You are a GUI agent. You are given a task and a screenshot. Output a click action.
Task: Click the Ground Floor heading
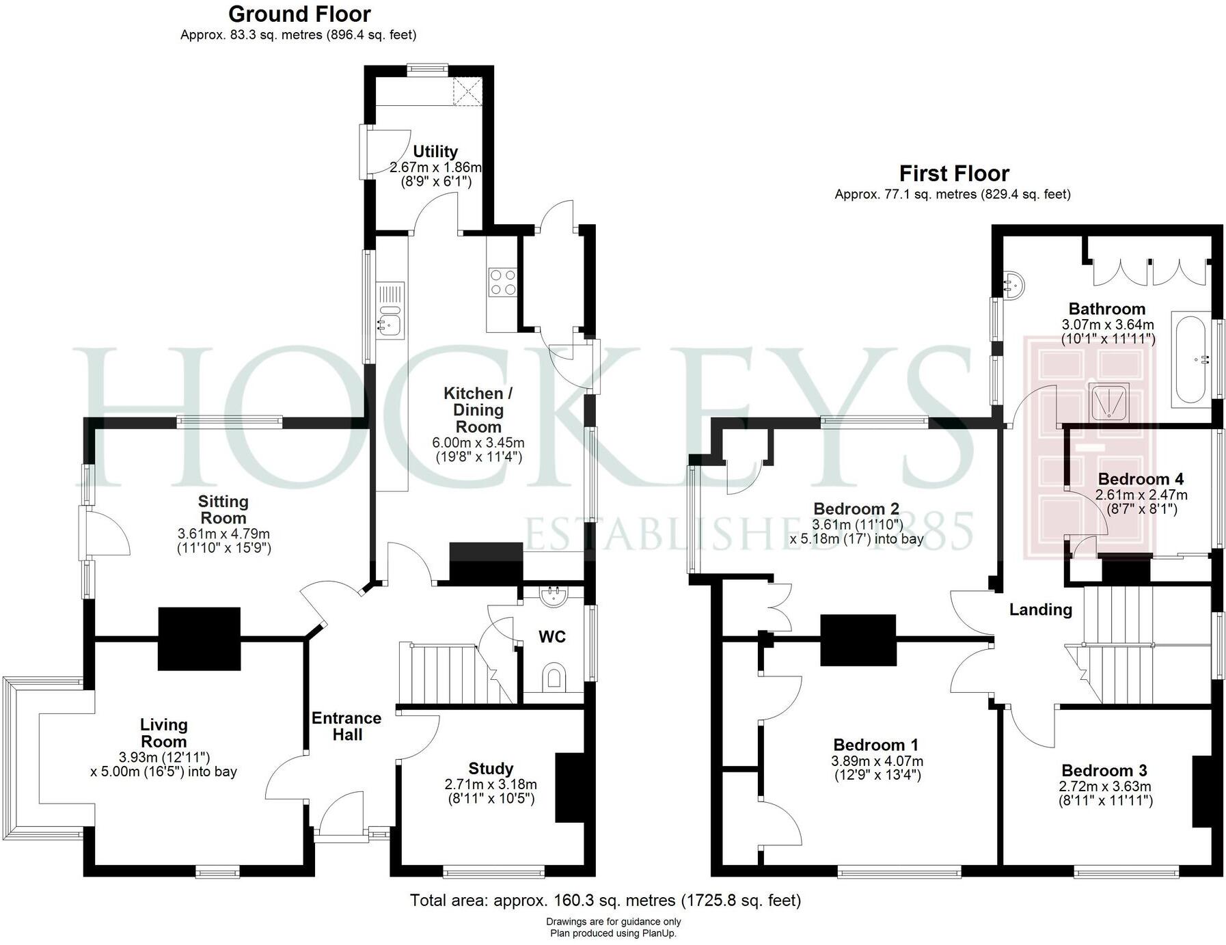tap(299, 14)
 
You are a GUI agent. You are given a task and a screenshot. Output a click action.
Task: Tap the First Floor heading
tap(953, 174)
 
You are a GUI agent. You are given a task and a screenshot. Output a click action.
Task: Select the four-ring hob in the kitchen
tap(502, 282)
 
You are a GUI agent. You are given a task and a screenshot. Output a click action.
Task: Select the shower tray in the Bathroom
tap(1108, 401)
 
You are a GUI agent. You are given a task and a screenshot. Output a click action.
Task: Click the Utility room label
tap(435, 151)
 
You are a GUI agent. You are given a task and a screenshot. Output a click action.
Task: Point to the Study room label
tap(491, 769)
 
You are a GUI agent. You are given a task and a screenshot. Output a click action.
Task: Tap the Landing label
tap(1040, 610)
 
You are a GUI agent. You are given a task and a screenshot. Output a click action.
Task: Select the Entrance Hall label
tap(346, 726)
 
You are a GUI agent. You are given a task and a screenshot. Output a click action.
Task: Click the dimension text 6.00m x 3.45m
tap(478, 443)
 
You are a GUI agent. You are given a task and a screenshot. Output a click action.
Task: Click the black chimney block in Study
tap(571, 787)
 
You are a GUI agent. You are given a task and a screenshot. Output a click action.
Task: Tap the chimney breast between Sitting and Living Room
tap(199, 638)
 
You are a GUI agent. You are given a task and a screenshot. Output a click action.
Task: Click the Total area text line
tap(605, 901)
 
